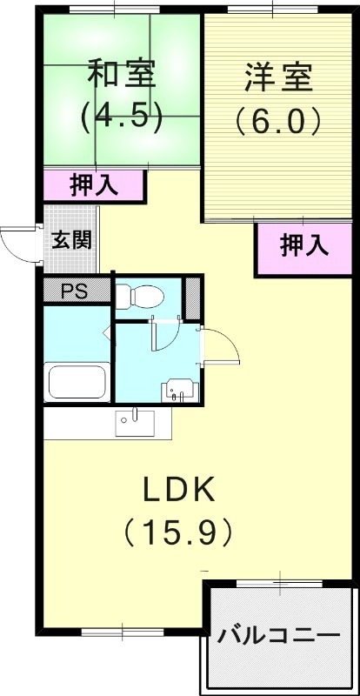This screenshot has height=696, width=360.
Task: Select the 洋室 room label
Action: (278, 77)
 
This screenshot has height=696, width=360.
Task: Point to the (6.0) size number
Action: (278, 120)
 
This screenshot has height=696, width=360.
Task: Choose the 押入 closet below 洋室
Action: (303, 246)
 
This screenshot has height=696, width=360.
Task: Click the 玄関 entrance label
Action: (71, 239)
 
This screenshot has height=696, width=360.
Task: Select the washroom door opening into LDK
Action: (221, 349)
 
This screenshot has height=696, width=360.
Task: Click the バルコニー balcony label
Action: (278, 636)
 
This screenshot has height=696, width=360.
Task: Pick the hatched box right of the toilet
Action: (192, 298)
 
